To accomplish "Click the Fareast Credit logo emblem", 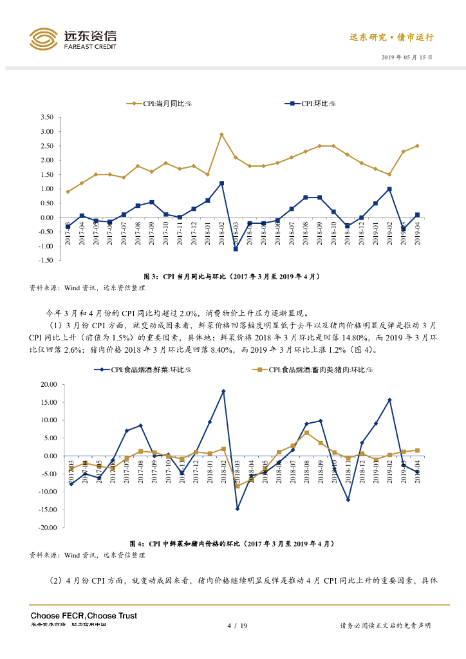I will (43, 41).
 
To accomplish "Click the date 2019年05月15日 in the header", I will (406, 57).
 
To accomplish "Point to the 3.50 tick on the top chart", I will (46, 117).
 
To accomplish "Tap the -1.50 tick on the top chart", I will (44, 260).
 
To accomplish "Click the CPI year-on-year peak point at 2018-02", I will (221, 135).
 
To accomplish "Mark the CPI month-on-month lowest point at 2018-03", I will (236, 249).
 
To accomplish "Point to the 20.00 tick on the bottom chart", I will (48, 384).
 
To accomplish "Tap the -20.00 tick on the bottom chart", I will (47, 527).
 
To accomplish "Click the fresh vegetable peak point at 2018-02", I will (223, 391).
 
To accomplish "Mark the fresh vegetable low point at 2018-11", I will (348, 499).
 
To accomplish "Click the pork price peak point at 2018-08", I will (306, 432).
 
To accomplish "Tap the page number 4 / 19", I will (238, 626).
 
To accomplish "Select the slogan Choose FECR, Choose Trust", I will (84, 616).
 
